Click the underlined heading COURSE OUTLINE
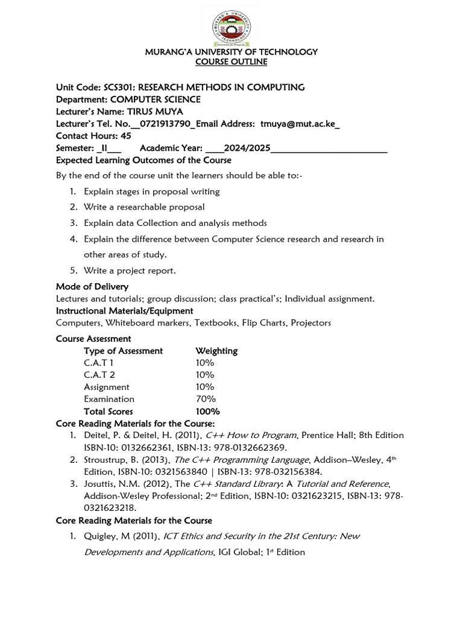(231, 62)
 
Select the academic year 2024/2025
(247, 148)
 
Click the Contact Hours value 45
(125, 136)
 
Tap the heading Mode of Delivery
(92, 286)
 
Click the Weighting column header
(216, 351)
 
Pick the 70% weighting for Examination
(205, 399)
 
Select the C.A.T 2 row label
(99, 375)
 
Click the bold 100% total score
(207, 412)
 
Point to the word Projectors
(310, 323)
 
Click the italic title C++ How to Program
(251, 435)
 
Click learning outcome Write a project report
(130, 271)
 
